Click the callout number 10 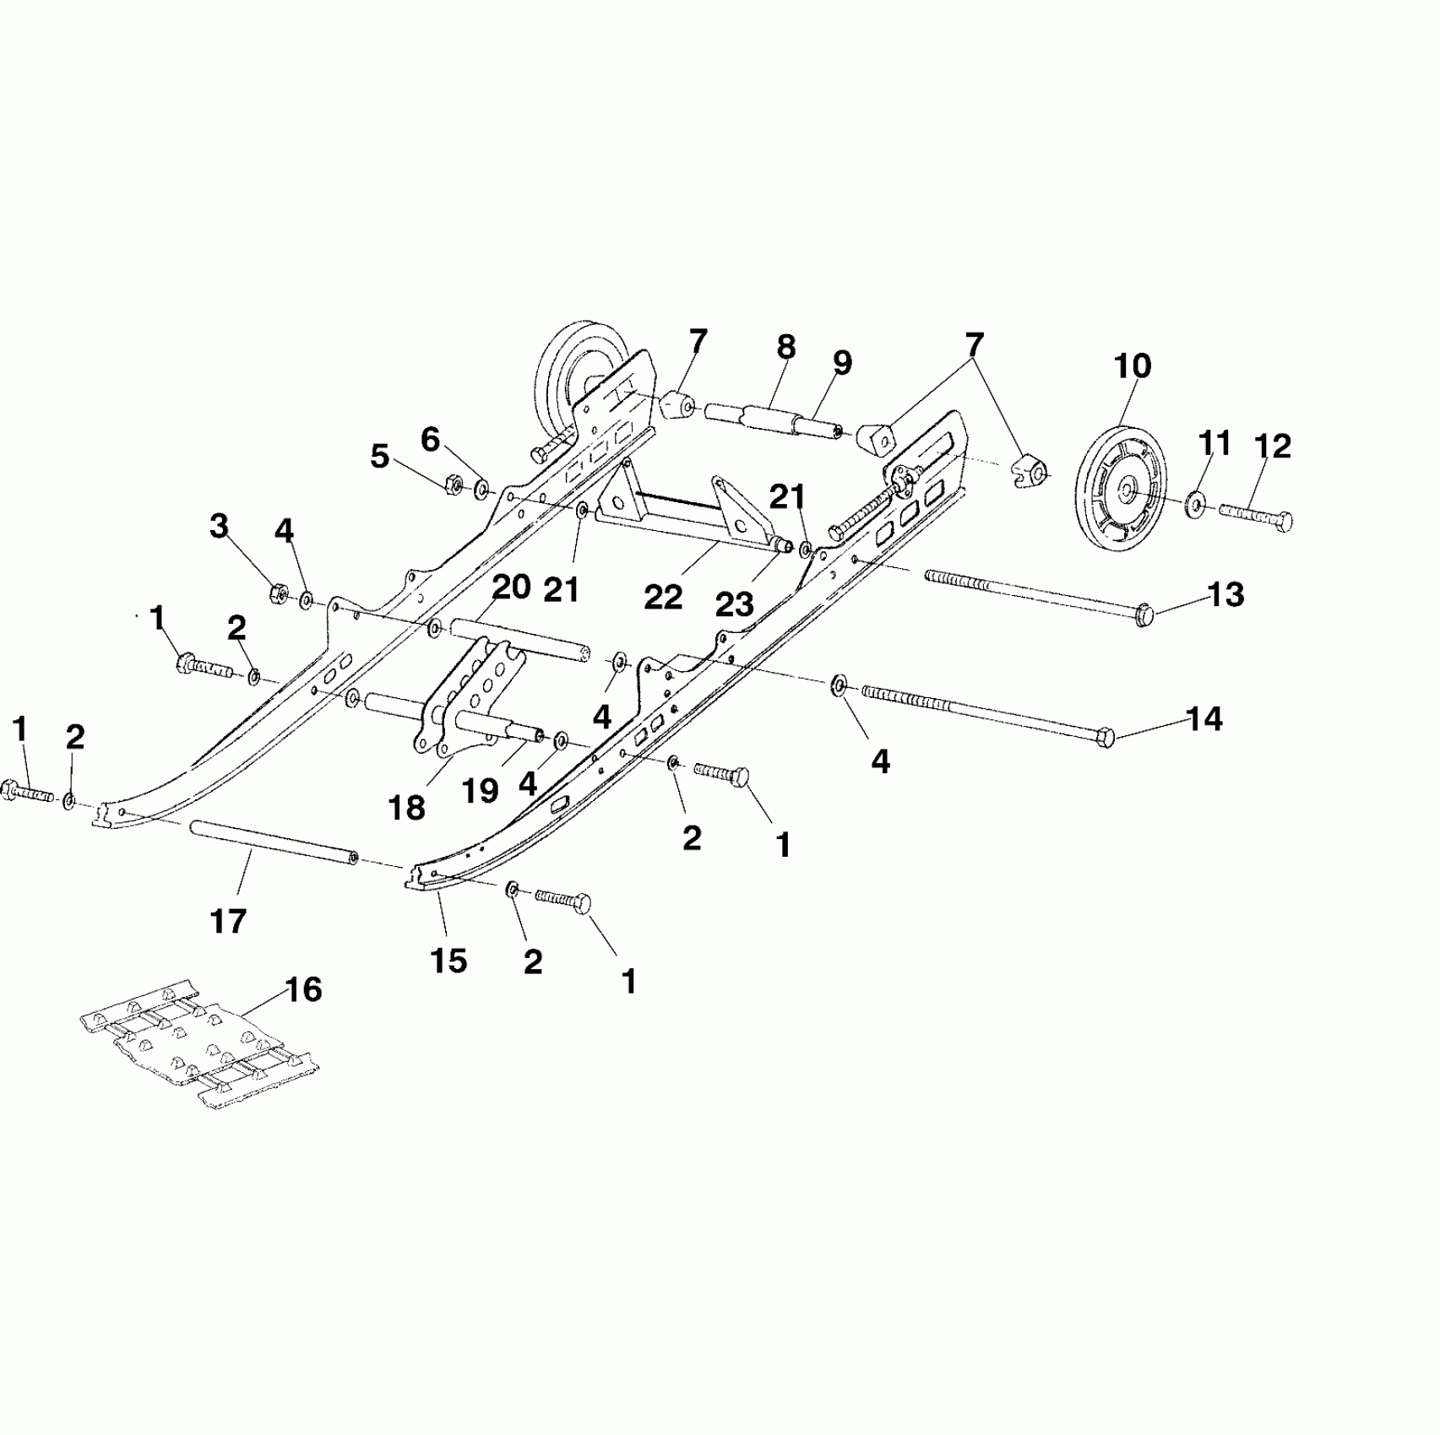pos(1131,366)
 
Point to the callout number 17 pos(228,922)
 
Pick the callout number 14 pos(1204,719)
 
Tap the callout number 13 pos(1226,595)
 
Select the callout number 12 pos(1273,447)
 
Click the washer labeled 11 pos(1195,505)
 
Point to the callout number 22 pos(662,597)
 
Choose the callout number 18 pos(406,808)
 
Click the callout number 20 pos(511,587)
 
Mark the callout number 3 pos(219,527)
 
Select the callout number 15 pos(448,960)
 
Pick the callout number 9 pos(841,363)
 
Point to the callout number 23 pos(734,604)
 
